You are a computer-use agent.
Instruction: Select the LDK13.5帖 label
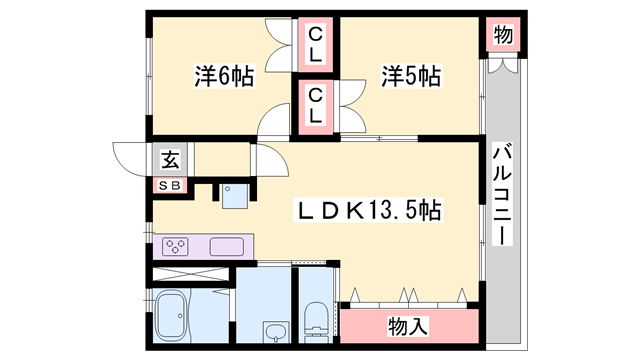(x=365, y=211)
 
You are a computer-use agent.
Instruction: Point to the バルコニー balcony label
(x=503, y=195)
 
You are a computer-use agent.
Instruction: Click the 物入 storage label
(x=407, y=326)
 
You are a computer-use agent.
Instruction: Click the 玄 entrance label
(x=170, y=158)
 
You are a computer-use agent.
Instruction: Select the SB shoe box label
(x=170, y=185)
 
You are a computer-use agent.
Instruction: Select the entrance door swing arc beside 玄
(x=131, y=158)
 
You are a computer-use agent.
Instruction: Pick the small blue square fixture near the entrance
(x=236, y=195)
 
